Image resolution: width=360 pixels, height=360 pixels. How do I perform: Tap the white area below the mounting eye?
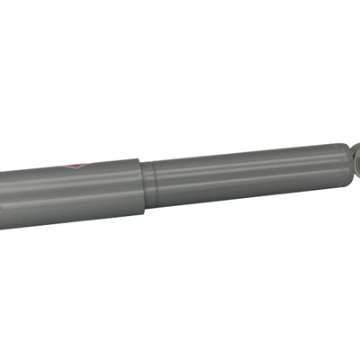pyautogui.click(x=351, y=234)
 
